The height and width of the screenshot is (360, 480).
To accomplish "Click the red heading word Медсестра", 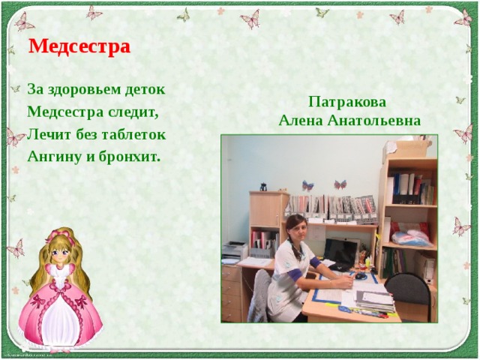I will coord(79,47).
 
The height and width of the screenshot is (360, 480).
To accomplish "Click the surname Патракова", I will coord(348,103).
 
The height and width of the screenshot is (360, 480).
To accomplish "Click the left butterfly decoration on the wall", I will coord(307,185).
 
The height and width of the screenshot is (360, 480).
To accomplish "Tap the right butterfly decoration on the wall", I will coord(340,184).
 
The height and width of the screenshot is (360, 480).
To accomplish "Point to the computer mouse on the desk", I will coord(361,276).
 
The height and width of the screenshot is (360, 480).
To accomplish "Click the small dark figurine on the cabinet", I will coord(263,186).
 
